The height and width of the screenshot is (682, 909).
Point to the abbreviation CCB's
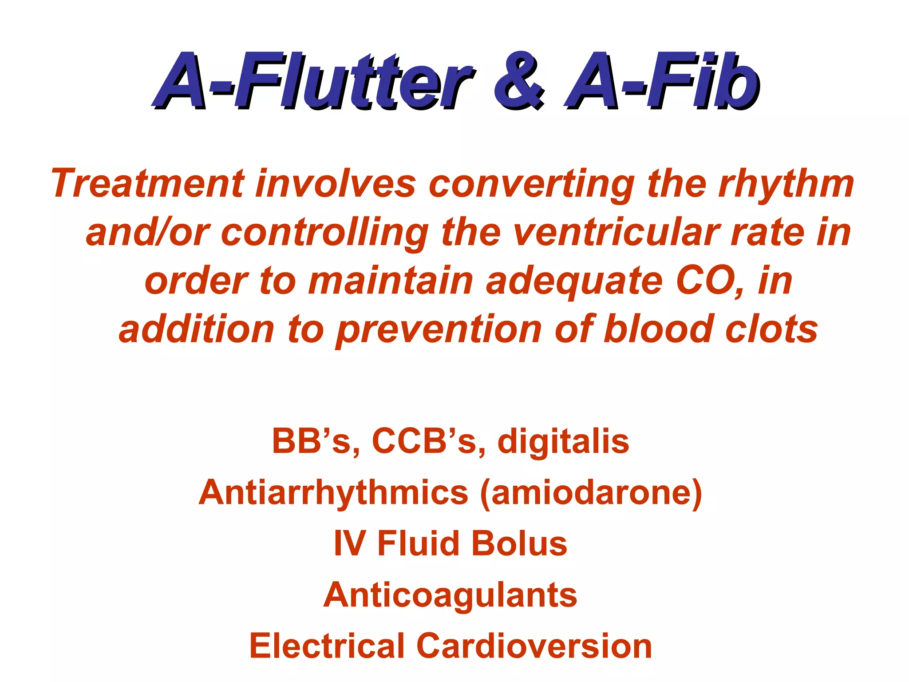[424, 442]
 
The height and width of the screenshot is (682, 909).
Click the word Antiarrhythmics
[333, 493]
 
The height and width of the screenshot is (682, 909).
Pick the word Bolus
[519, 543]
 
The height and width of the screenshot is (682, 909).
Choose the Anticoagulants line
[450, 595]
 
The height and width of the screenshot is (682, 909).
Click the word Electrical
[326, 646]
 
